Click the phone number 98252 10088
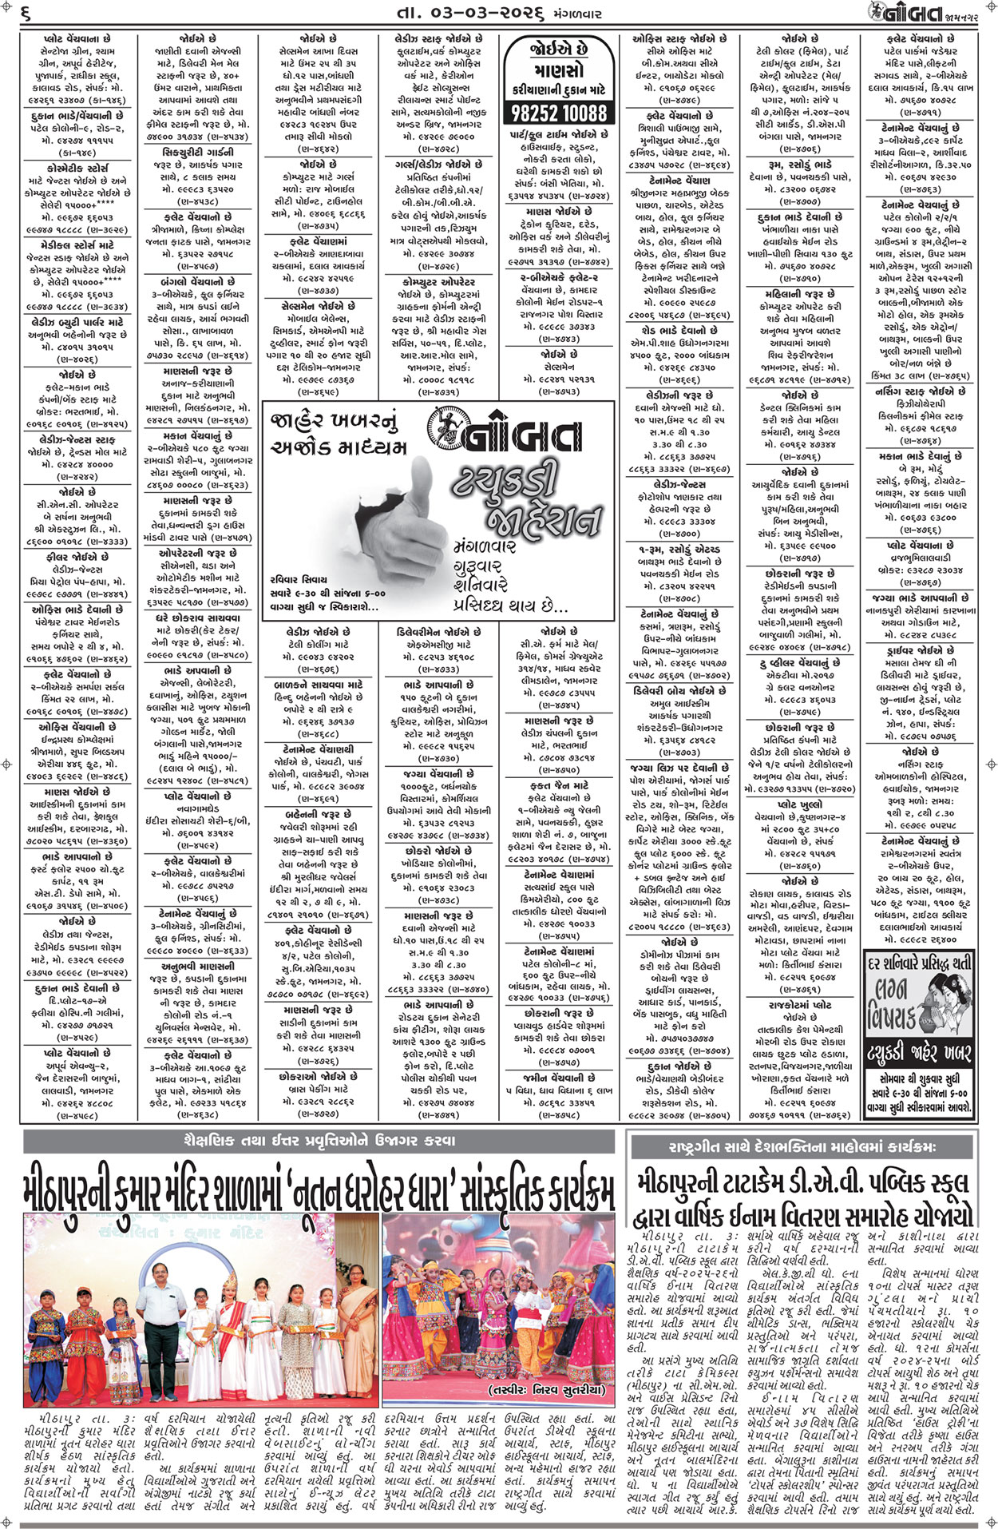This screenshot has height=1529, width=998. [559, 112]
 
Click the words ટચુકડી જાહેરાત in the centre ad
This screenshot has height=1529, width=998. [523, 495]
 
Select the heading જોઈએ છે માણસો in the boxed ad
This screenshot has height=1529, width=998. [559, 60]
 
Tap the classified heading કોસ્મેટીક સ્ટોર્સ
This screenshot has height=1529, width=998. [75, 169]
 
